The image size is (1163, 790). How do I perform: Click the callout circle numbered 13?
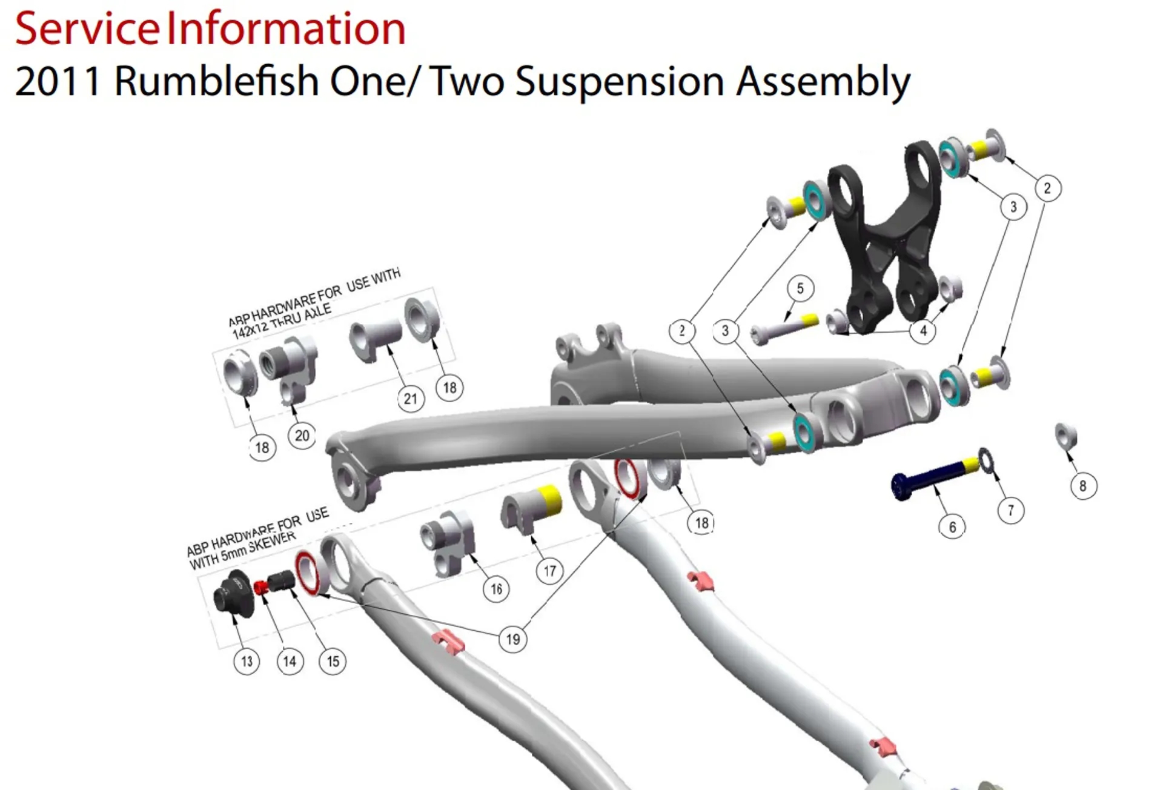point(247,661)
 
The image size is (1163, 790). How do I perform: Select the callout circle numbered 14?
point(290,661)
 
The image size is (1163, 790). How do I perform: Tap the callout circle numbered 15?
point(333,661)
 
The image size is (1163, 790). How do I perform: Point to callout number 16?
point(496,589)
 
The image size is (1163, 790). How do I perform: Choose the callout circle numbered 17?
point(549,571)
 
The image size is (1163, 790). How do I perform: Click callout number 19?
point(512,639)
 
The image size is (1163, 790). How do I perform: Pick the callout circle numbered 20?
point(302,436)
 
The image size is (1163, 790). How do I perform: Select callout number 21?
point(410,399)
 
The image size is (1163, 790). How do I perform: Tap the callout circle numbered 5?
point(800,288)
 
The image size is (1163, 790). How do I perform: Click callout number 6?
point(952,527)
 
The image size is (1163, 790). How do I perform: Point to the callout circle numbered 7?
point(1010,511)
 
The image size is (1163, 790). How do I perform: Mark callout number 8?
point(1083,486)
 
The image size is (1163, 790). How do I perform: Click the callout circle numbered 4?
point(923,331)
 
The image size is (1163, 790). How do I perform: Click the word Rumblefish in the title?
point(216,81)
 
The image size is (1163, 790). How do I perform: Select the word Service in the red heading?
point(87,28)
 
